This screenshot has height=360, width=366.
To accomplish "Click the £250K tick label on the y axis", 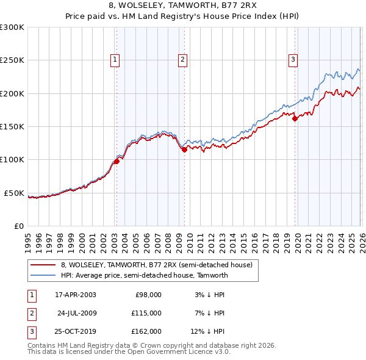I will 12,60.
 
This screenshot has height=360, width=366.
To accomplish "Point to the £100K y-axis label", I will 12,160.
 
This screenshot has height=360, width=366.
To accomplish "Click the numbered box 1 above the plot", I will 115,59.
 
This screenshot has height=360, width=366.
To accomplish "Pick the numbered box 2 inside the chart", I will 182,59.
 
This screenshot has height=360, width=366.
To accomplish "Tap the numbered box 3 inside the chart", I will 293,59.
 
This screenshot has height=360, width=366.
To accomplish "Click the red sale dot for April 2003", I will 117,161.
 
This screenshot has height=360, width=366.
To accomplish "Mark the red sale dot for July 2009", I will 184,149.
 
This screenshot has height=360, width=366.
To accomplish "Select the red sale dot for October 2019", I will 295,119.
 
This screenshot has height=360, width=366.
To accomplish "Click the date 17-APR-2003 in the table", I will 76,294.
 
